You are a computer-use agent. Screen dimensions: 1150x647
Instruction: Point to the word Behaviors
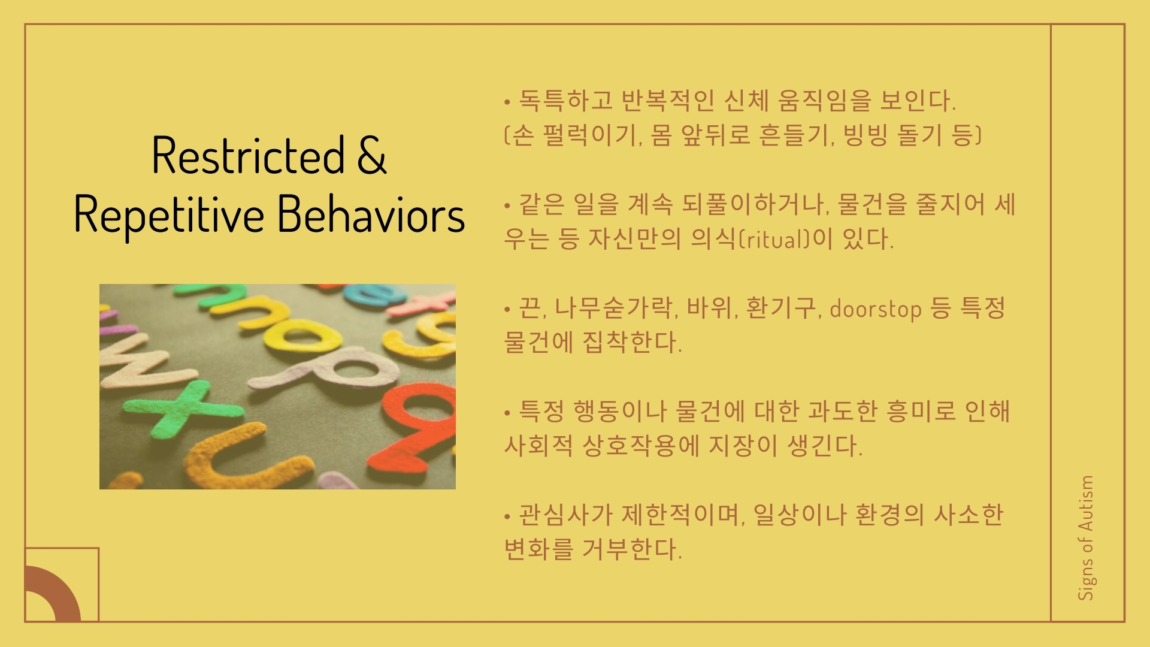(x=371, y=214)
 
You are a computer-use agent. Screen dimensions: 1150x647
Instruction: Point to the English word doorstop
(x=876, y=309)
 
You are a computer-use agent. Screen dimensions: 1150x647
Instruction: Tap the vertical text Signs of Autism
(x=1086, y=538)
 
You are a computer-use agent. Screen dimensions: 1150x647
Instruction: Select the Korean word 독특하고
(x=565, y=101)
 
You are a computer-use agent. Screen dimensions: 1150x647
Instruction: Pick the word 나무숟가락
(x=615, y=309)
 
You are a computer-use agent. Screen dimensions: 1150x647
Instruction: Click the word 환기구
(x=782, y=309)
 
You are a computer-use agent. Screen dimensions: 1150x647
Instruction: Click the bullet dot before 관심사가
(x=507, y=515)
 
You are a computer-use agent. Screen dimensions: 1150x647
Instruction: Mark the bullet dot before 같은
(x=507, y=205)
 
